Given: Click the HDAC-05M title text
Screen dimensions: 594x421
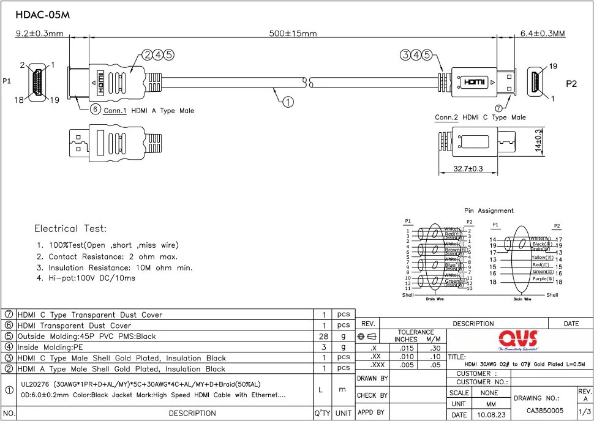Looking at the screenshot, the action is click(x=39, y=15).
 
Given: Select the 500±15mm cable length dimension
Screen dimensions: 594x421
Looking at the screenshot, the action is click(x=293, y=33).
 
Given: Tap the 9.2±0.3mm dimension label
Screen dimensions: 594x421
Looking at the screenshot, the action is click(x=40, y=34).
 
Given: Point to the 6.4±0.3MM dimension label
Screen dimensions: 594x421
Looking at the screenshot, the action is click(x=542, y=34).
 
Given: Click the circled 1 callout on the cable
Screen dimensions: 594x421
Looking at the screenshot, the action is click(x=288, y=102).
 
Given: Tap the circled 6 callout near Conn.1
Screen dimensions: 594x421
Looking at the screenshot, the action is click(x=95, y=110).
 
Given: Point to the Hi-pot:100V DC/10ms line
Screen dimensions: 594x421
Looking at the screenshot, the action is click(x=86, y=278).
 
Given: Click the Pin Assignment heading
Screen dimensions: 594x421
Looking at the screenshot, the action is click(x=489, y=210).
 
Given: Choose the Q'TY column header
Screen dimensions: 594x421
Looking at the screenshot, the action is click(x=322, y=413).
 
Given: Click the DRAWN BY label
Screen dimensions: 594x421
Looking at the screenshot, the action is click(x=372, y=379).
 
